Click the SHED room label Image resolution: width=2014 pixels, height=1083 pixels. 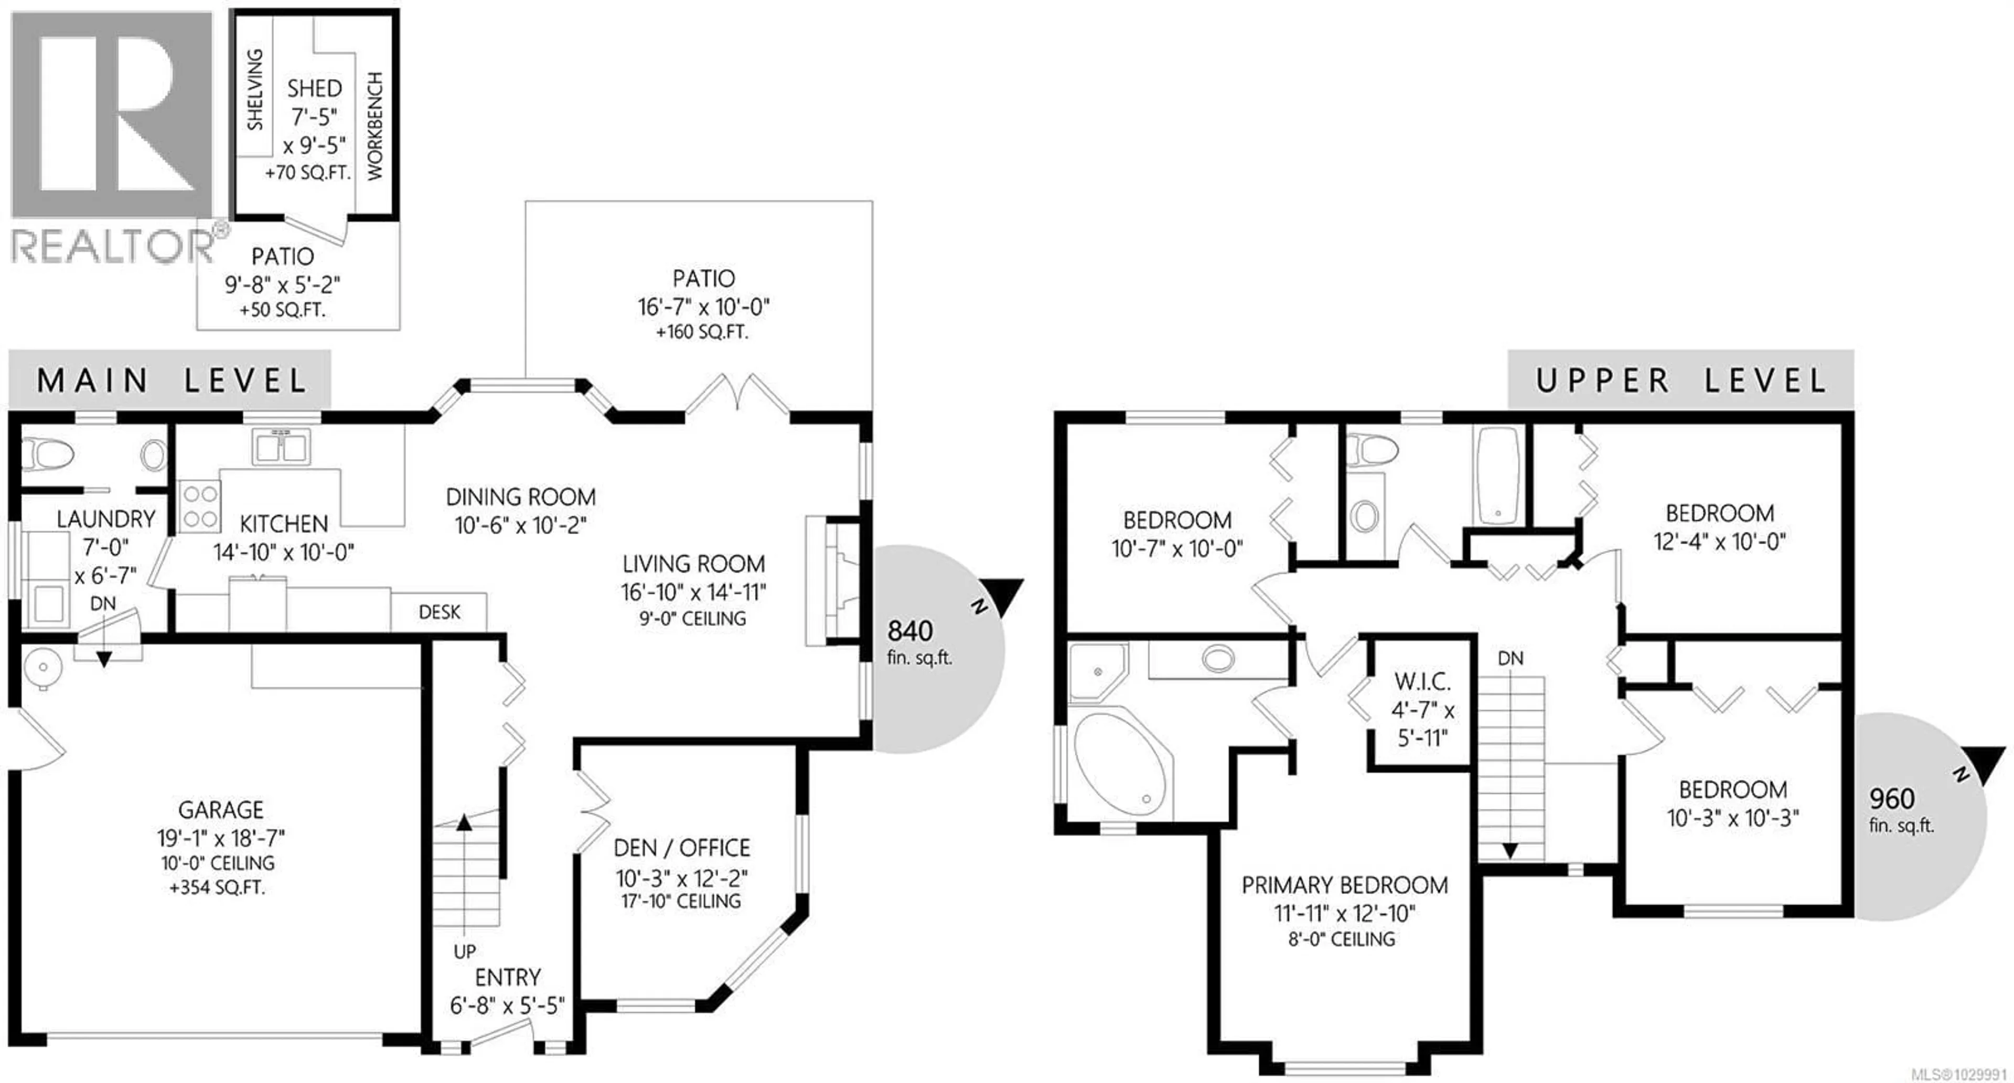[x=314, y=88]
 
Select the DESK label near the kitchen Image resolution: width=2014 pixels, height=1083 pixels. [x=440, y=612]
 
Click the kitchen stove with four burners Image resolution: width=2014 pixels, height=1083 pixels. [x=200, y=506]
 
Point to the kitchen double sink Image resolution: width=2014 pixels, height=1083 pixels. [x=281, y=448]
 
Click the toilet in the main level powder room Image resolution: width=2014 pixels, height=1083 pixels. [x=47, y=453]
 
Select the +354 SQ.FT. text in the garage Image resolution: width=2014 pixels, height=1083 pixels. [x=217, y=887]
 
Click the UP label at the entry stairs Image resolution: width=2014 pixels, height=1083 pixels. [x=464, y=951]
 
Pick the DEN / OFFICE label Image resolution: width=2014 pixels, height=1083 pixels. [x=682, y=848]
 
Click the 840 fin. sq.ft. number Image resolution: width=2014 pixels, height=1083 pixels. [x=910, y=631]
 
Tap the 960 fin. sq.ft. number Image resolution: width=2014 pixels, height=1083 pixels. [x=1892, y=798]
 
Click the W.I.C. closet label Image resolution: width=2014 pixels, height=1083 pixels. [x=1422, y=682]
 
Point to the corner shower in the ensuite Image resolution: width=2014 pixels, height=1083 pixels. [x=1096, y=670]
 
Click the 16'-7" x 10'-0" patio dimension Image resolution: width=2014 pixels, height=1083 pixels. [x=704, y=306]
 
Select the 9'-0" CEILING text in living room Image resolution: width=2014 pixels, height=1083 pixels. [x=693, y=619]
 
